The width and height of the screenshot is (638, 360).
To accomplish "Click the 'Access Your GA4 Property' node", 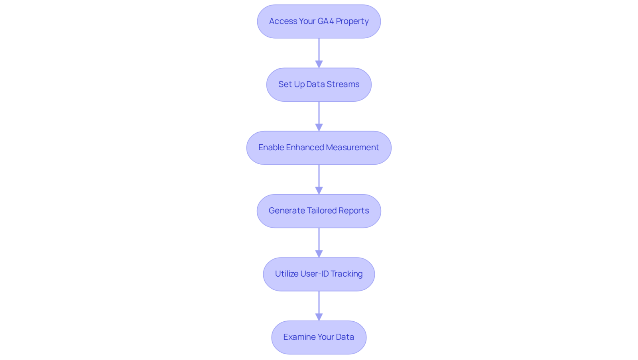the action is (319, 22).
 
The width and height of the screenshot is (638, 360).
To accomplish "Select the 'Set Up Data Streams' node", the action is (319, 85).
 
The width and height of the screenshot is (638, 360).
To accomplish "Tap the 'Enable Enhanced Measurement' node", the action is (319, 148).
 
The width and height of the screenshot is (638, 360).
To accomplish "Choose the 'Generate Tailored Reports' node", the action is (319, 211).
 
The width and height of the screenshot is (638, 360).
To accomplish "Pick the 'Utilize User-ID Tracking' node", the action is (319, 274).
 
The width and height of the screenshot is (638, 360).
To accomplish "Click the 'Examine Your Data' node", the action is (319, 338).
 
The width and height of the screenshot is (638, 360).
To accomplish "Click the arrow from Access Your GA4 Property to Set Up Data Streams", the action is (319, 53).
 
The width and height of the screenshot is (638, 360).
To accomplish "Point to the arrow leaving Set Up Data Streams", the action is (319, 116).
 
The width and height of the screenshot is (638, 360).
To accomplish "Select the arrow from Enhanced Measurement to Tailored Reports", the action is (319, 180).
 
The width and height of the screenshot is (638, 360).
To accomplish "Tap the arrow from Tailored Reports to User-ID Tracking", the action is (319, 243).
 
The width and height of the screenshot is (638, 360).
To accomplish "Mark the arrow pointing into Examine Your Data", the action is (319, 306).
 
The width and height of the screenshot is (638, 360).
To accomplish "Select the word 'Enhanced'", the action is (305, 148).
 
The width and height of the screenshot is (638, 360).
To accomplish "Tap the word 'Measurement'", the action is (352, 148).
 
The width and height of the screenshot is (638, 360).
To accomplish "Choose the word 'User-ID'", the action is (315, 274).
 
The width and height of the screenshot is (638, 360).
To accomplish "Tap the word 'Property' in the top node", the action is (352, 22).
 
